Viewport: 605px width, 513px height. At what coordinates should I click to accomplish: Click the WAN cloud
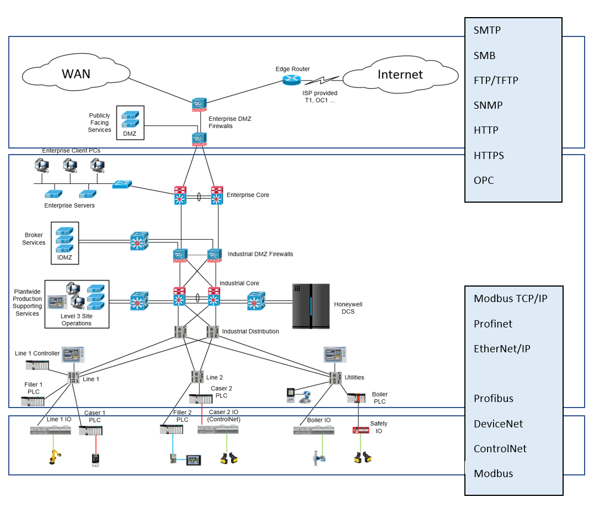pos(76,73)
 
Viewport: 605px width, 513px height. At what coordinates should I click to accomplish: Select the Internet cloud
pos(400,75)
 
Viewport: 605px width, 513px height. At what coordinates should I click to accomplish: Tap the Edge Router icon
pos(291,80)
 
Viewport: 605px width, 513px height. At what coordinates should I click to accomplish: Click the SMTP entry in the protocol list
pos(487,30)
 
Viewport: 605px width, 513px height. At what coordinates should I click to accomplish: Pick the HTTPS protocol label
pos(489,155)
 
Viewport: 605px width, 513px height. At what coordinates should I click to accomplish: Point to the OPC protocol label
pos(484,181)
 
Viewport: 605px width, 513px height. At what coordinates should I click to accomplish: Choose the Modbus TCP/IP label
pos(511,299)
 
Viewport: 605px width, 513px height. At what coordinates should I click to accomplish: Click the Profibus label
pos(494,399)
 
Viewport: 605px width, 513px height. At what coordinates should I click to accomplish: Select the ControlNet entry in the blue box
pos(500,449)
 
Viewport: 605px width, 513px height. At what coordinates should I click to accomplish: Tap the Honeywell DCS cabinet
pos(311,306)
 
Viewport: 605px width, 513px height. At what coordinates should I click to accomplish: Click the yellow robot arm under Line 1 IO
pos(55,456)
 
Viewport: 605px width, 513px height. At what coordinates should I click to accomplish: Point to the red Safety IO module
pos(361,430)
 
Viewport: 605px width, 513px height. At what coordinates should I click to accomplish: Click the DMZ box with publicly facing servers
pos(130,123)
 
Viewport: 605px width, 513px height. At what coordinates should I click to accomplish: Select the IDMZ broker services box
pos(65,243)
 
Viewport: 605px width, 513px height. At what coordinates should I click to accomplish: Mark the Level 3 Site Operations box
pos(77,304)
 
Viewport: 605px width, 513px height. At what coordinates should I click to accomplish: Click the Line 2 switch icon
pos(197,377)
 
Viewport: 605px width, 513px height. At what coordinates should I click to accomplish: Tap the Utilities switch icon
pos(335,378)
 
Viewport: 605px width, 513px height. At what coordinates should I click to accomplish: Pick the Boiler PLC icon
pos(356,398)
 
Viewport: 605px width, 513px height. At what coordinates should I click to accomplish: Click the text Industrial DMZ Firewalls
pos(260,254)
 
